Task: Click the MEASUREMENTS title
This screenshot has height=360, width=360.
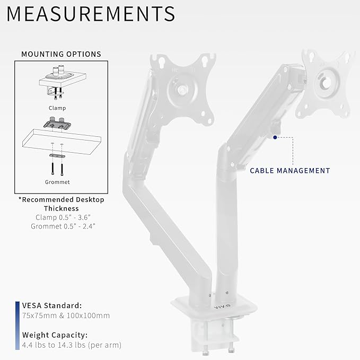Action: click(x=91, y=14)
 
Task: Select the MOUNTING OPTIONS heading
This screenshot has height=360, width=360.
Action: click(x=61, y=54)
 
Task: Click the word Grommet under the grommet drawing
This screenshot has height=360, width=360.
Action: click(x=57, y=182)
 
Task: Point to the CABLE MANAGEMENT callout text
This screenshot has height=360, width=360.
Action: click(x=289, y=171)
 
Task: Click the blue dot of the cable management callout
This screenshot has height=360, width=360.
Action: click(x=275, y=137)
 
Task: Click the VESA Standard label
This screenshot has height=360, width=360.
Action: click(x=52, y=305)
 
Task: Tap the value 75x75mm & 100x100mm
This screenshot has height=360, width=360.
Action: click(x=66, y=315)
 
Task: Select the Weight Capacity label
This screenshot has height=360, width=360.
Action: click(x=55, y=335)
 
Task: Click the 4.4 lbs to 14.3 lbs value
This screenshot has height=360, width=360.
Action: click(x=72, y=345)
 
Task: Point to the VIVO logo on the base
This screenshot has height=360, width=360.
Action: click(x=221, y=305)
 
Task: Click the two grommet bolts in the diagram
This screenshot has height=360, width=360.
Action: click(x=57, y=168)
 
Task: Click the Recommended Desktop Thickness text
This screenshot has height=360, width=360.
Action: click(x=61, y=204)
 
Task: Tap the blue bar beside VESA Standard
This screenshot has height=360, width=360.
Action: click(x=17, y=310)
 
